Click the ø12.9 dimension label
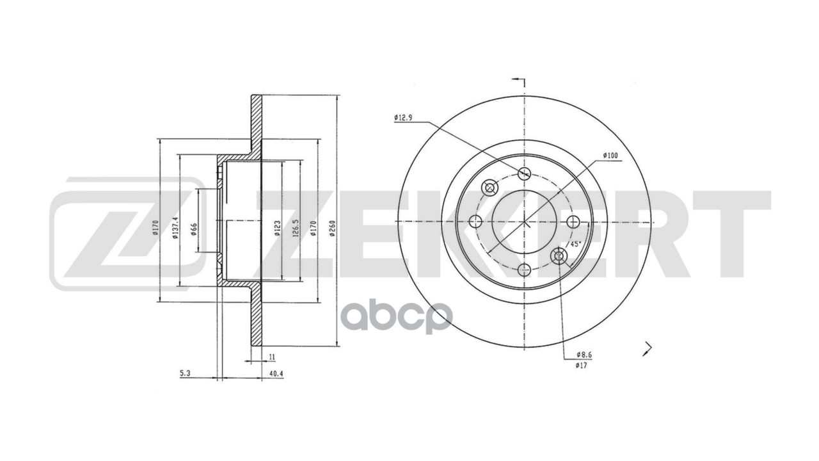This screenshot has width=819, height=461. [x=404, y=117]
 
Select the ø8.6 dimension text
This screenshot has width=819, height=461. [x=582, y=354]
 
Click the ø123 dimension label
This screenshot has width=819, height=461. [x=277, y=229]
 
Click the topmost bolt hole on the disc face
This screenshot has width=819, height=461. [x=524, y=173]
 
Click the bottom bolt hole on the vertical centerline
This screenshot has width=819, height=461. [x=524, y=269]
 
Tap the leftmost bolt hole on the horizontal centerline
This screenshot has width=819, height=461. [x=475, y=222]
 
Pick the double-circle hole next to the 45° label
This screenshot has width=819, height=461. [x=559, y=256]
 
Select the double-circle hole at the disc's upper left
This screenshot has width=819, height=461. [x=490, y=187]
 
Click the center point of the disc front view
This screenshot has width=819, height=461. [x=524, y=222]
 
